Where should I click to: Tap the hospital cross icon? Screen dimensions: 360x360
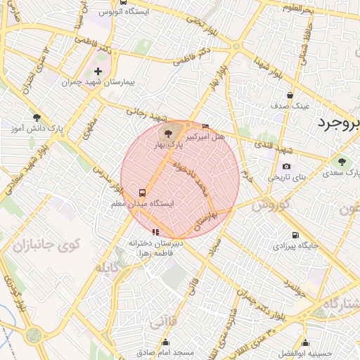(98, 72)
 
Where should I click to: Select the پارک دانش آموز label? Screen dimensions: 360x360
(35, 129)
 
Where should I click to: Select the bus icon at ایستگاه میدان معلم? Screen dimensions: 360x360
(143, 192)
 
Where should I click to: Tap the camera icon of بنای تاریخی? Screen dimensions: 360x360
(286, 167)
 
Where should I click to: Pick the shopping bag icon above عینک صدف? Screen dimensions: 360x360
(290, 95)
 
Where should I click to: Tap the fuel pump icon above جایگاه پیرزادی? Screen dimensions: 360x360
(294, 236)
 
